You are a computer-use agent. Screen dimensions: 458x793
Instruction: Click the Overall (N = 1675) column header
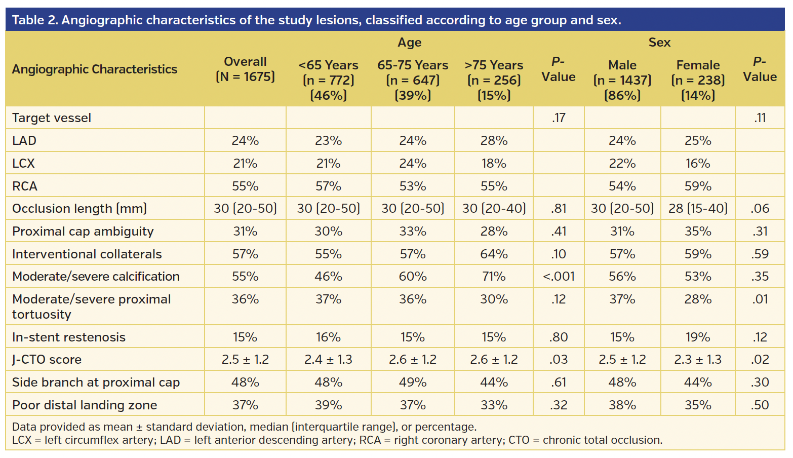pyautogui.click(x=245, y=69)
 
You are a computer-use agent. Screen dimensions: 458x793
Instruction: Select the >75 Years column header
pyautogui.click(x=494, y=80)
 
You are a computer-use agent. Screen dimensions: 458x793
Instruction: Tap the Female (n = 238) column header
pyautogui.click(x=698, y=80)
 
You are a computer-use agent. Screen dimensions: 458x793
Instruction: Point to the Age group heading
pyautogui.click(x=409, y=43)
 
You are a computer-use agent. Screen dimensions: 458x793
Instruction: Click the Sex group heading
pyautogui.click(x=659, y=43)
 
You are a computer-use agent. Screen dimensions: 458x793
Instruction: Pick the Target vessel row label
pyautogui.click(x=52, y=118)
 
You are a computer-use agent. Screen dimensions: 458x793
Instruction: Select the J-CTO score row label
pyautogui.click(x=47, y=360)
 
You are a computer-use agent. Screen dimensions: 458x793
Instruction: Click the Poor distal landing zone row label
pyautogui.click(x=85, y=405)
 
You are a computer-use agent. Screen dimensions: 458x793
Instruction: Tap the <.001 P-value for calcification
pyautogui.click(x=559, y=277)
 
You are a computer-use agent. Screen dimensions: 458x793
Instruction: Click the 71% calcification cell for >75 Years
pyautogui.click(x=494, y=277)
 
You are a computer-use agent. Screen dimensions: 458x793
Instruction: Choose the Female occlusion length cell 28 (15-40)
pyautogui.click(x=698, y=209)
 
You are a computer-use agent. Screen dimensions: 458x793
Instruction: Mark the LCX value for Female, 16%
pyautogui.click(x=698, y=164)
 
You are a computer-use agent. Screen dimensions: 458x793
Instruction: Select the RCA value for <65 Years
pyautogui.click(x=328, y=186)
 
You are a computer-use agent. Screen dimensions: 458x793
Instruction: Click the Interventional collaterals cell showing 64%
pyautogui.click(x=494, y=254)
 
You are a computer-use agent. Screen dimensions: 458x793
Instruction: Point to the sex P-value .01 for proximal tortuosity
pyautogui.click(x=760, y=299)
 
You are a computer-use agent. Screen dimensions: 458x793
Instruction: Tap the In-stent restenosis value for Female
pyautogui.click(x=698, y=337)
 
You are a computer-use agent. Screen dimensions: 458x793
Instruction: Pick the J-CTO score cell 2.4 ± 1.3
pyautogui.click(x=328, y=360)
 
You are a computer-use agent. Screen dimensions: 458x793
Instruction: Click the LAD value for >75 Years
pyautogui.click(x=494, y=141)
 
